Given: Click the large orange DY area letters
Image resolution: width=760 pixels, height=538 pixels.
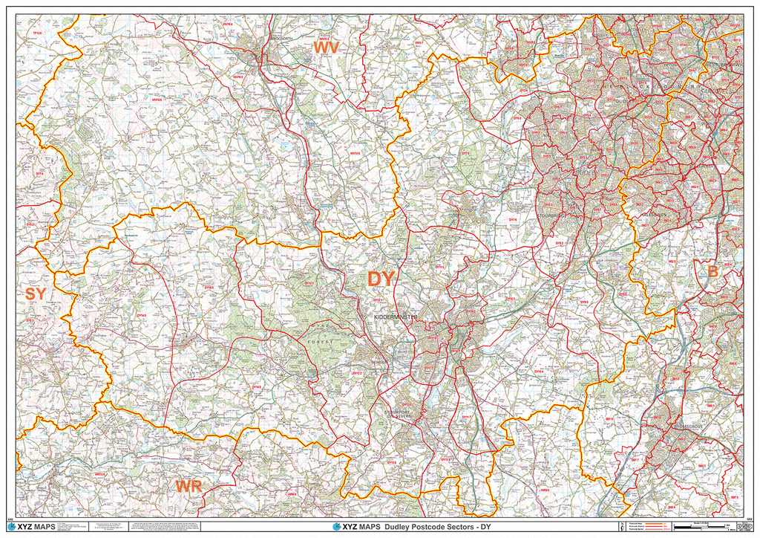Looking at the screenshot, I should [382, 279].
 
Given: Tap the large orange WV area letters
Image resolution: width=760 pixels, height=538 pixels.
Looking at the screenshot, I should [326, 48].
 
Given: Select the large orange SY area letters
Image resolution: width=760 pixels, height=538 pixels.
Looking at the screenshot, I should [35, 294].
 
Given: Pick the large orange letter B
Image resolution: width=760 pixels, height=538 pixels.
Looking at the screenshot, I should [712, 272].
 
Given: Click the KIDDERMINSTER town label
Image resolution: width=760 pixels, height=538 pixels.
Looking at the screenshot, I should [396, 317].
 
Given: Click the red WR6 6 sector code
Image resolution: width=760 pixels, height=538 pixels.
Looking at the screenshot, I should [292, 494].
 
